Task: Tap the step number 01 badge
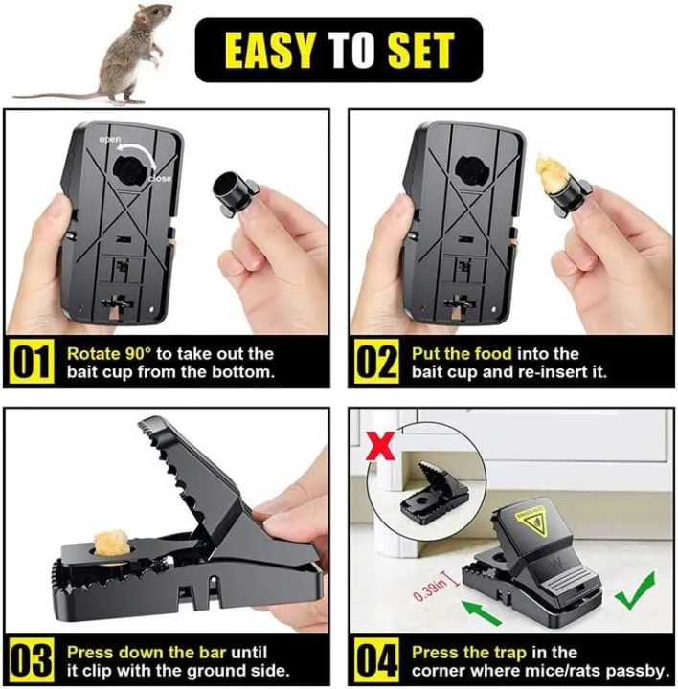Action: pos(31,364)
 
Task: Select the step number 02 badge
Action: pos(376,364)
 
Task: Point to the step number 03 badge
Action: pos(31,661)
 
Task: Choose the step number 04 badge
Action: pos(376,661)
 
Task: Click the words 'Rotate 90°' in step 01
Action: pos(104,353)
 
